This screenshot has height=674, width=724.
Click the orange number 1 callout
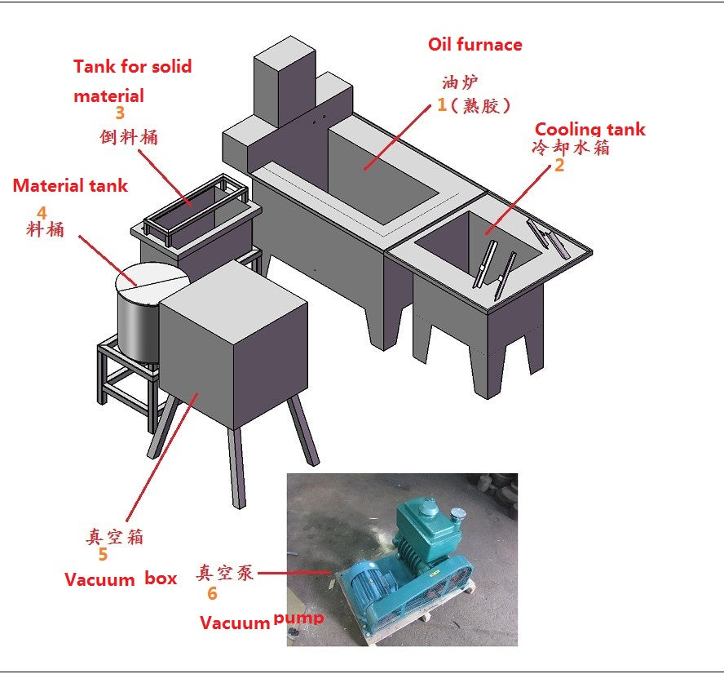click(443, 104)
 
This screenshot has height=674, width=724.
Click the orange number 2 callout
click(558, 166)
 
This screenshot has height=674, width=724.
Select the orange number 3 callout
click(120, 114)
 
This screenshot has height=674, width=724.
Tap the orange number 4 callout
click(42, 212)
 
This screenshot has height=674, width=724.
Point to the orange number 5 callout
click(103, 555)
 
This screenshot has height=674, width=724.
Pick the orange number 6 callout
click(212, 594)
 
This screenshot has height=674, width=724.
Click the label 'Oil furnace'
click(475, 45)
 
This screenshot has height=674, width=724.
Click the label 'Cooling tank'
click(589, 129)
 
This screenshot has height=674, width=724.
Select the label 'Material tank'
click(70, 186)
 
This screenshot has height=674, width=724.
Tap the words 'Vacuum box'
click(121, 579)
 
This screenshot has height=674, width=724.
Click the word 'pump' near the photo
click(298, 619)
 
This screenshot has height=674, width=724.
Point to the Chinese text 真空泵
click(226, 573)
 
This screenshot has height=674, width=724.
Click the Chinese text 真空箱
click(115, 536)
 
